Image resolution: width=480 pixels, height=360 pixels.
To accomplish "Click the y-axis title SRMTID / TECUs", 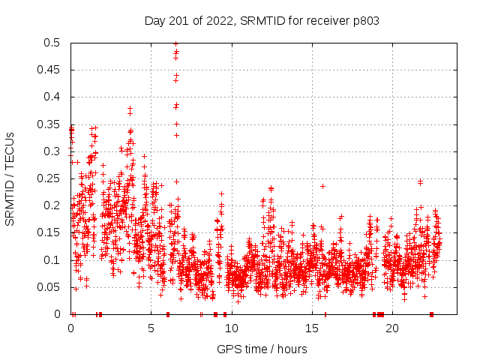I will pyautogui.click(x=10, y=178).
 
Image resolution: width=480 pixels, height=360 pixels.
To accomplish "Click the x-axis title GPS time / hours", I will pyautogui.click(x=262, y=349).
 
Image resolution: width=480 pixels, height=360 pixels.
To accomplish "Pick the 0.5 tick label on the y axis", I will pyautogui.click(x=51, y=43).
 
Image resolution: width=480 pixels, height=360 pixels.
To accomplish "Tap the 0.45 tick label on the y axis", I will pyautogui.click(x=48, y=70).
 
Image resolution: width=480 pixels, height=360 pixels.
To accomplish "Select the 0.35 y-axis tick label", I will pyautogui.click(x=48, y=124).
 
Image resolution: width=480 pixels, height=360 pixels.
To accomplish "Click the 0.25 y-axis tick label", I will pyautogui.click(x=48, y=178).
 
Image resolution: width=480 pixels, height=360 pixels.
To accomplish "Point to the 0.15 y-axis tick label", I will pyautogui.click(x=48, y=232).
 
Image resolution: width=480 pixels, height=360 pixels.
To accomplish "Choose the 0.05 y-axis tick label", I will pyautogui.click(x=48, y=287).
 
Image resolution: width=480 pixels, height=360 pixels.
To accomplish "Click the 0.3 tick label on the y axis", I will pyautogui.click(x=51, y=151).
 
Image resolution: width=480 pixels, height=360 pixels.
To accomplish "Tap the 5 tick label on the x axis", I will pyautogui.click(x=151, y=328).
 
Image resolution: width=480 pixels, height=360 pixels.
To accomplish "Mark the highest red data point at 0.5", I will pyautogui.click(x=175, y=43).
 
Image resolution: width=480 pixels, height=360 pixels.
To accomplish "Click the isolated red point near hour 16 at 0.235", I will pyautogui.click(x=323, y=186).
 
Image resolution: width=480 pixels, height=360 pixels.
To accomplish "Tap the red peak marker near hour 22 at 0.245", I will pyautogui.click(x=420, y=181).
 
